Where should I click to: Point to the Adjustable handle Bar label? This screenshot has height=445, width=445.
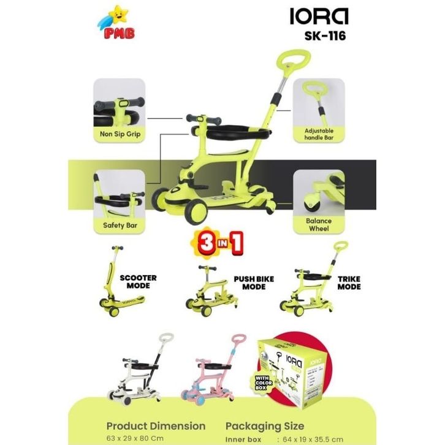(318, 134)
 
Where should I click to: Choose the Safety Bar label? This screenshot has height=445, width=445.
(120, 225)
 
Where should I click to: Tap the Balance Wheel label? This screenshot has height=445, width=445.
(319, 224)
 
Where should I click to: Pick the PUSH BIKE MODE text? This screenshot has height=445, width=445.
(254, 283)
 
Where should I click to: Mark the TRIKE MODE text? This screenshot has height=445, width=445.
(349, 283)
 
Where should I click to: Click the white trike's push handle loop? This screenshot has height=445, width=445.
(164, 339)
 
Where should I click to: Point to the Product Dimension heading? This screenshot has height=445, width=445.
(156, 425)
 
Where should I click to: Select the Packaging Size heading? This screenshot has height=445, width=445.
(265, 425)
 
